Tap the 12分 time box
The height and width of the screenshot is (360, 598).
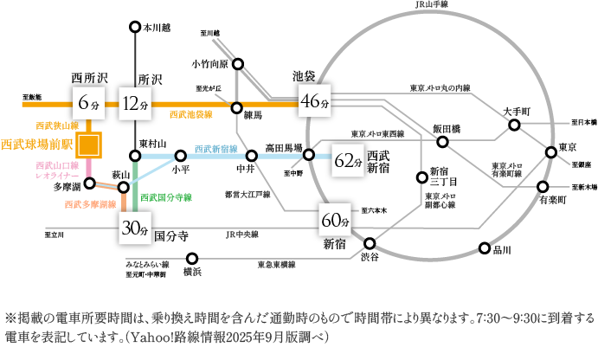pos(136,104)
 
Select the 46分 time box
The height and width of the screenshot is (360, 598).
pos(314,101)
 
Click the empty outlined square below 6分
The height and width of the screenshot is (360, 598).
pos(88,145)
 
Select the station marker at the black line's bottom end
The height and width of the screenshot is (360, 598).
pos(136,156)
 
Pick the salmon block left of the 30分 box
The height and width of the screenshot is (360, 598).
pos(90,212)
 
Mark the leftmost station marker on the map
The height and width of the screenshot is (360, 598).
pos(88,183)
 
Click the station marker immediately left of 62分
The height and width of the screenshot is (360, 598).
pos(308,155)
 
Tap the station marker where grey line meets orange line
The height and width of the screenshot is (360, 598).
pos(237,106)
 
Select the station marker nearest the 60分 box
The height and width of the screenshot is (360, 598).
pos(370,244)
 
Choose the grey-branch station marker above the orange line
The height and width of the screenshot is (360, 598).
pos(238,64)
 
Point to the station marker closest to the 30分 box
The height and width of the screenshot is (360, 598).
pos(123,187)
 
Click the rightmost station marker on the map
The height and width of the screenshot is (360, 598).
pos(550,153)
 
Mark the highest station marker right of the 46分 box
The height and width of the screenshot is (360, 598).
pos(514,125)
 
